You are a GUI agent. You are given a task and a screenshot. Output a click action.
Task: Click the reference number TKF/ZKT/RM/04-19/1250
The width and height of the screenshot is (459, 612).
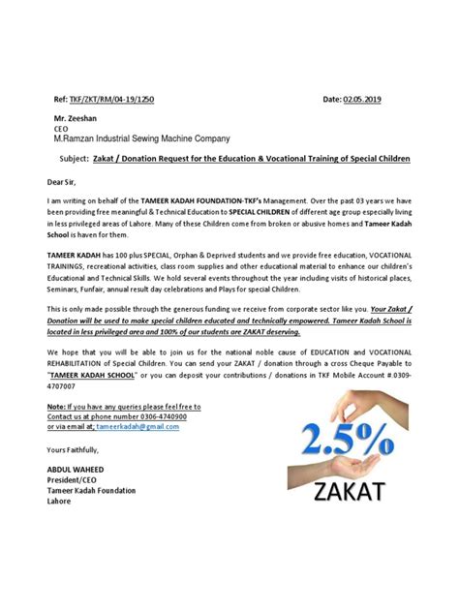pos(107,100)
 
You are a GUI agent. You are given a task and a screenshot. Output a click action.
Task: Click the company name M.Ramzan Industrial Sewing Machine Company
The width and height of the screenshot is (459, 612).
pos(148,138)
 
